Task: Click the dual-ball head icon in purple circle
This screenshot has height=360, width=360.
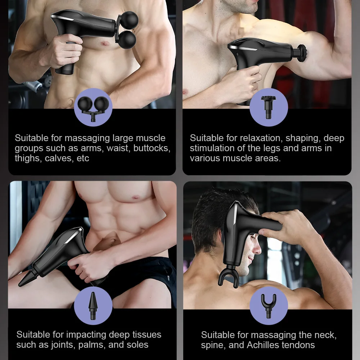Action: [x=93, y=107]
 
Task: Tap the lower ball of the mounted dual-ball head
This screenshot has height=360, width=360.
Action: [x=127, y=39]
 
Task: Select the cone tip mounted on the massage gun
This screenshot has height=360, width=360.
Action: [x=27, y=279]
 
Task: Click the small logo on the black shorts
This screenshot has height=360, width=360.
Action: [x=169, y=278]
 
